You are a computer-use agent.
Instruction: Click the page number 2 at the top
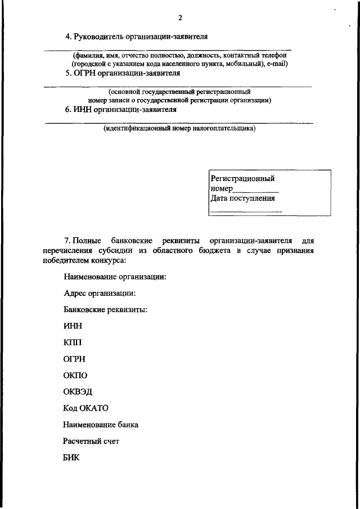point(180,17)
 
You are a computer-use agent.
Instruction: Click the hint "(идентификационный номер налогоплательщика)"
point(179,128)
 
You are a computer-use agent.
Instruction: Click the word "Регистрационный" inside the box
point(242,178)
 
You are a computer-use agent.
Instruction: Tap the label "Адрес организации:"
point(100,293)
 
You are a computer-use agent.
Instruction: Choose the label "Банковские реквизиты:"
point(105,309)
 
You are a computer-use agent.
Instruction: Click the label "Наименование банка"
point(101,425)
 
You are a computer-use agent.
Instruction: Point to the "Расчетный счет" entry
point(91,441)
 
